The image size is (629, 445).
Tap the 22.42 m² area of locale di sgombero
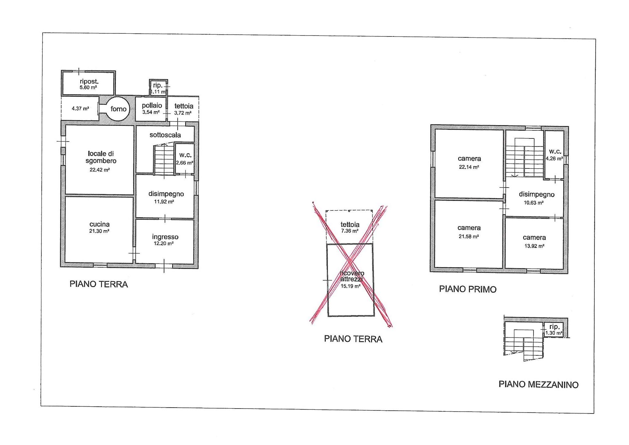(x=100, y=170)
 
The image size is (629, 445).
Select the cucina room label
(x=99, y=224)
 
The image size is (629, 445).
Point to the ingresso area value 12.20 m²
(x=164, y=244)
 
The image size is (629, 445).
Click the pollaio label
(x=152, y=105)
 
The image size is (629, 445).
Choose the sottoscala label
(x=165, y=135)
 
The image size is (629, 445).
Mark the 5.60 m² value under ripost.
(x=88, y=87)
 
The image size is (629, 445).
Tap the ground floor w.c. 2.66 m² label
(x=185, y=159)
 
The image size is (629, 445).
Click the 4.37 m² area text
(x=80, y=108)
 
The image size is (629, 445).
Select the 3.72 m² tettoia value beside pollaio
(x=183, y=113)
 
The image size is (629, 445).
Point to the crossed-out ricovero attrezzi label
(x=352, y=276)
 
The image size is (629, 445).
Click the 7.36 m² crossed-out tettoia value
(x=350, y=231)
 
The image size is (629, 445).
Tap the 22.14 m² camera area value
(x=469, y=167)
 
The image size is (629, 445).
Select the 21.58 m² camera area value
(x=469, y=237)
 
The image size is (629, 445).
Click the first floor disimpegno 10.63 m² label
(x=536, y=198)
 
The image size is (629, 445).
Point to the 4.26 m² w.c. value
(x=554, y=159)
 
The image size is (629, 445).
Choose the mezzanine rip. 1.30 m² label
(x=554, y=330)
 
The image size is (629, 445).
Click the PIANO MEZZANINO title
(x=538, y=384)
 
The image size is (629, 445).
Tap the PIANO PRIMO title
(x=468, y=289)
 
